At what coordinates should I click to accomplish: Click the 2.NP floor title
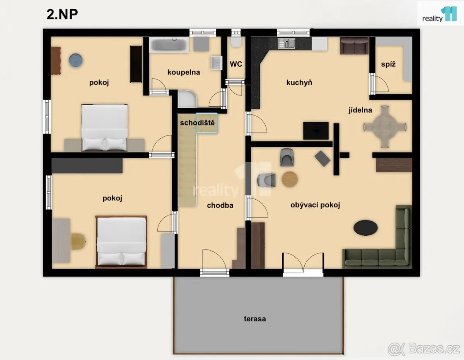(62, 15)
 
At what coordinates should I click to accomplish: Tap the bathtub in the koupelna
(169, 45)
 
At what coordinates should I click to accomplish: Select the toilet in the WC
(236, 42)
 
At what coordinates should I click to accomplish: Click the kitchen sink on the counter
(287, 43)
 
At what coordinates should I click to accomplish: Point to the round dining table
(385, 127)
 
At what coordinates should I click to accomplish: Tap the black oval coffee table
(365, 228)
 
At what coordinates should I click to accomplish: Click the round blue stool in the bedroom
(75, 60)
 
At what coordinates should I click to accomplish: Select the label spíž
(388, 64)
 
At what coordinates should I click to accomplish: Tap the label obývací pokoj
(315, 205)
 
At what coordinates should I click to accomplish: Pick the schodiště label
(197, 122)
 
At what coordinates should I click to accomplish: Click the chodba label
(220, 205)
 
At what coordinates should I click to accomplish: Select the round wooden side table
(290, 179)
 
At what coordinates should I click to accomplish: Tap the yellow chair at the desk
(78, 241)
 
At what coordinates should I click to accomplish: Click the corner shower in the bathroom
(187, 99)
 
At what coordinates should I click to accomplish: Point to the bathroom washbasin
(217, 63)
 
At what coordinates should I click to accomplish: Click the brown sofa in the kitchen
(354, 46)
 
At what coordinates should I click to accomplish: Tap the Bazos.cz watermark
(424, 349)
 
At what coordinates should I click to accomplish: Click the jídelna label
(360, 110)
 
